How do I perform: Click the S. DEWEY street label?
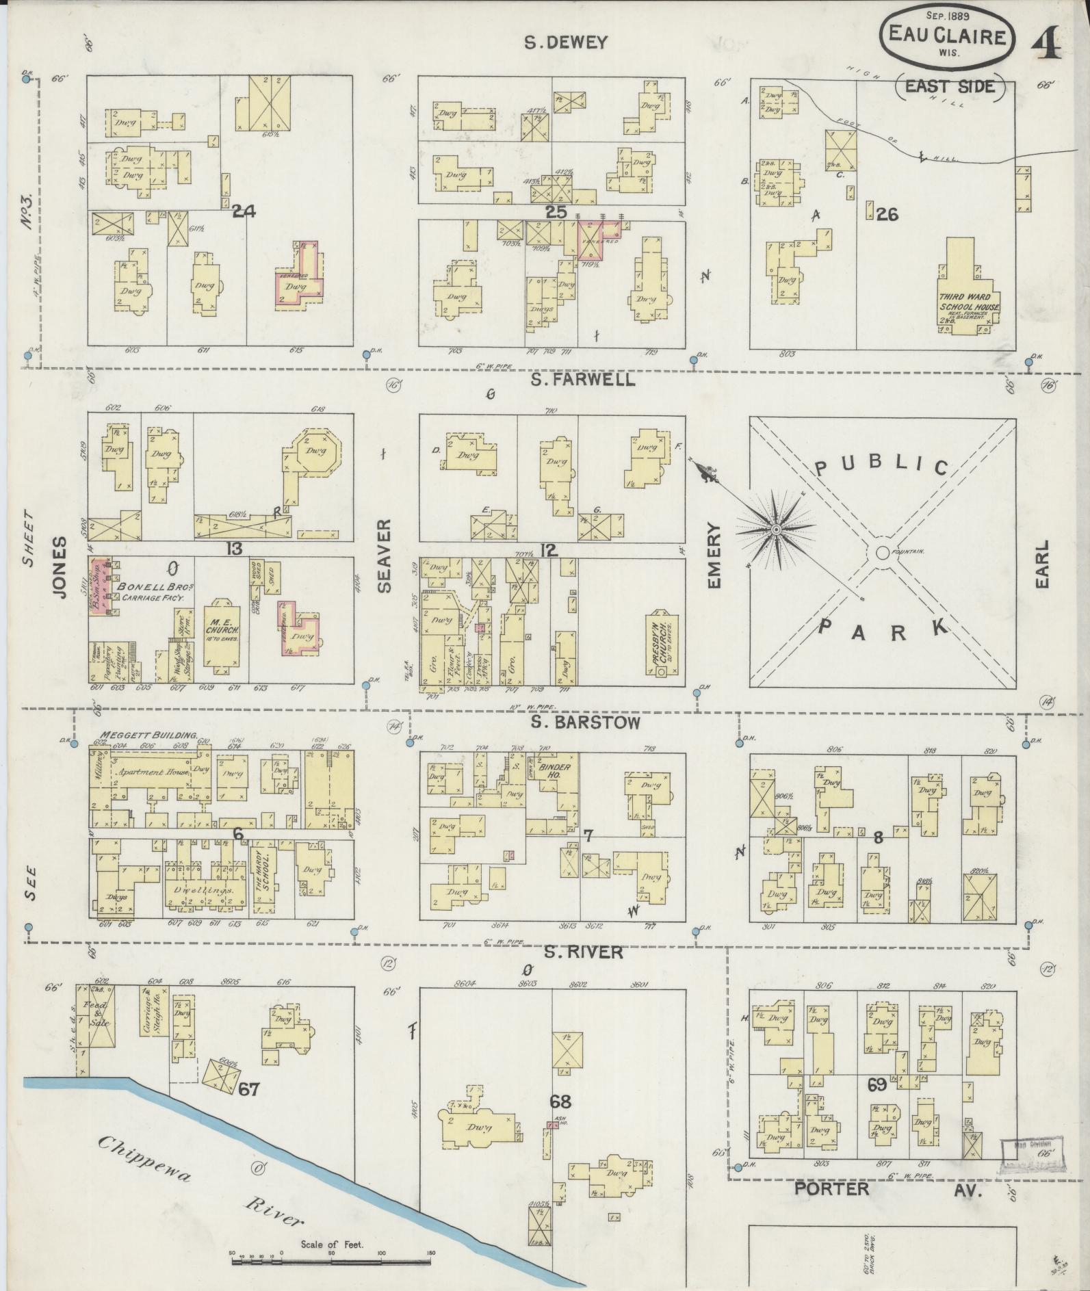[565, 42]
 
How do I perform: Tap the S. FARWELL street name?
[583, 380]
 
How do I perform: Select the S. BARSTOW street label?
[586, 722]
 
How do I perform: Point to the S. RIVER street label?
[584, 952]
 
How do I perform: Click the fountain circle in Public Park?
[882, 552]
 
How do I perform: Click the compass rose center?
[777, 530]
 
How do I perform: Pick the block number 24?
[244, 212]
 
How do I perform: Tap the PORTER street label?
[831, 1188]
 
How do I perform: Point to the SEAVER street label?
[384, 555]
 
